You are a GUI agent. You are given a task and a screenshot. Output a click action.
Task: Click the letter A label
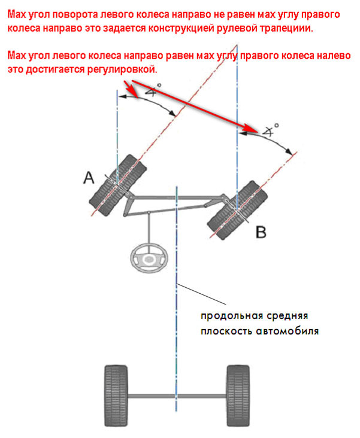(x=89, y=177)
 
